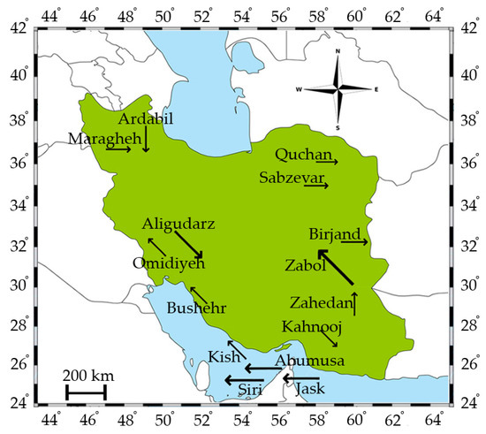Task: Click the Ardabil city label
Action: pyautogui.click(x=146, y=119)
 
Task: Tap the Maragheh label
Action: pyautogui.click(x=93, y=137)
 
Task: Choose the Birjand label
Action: pyautogui.click(x=335, y=234)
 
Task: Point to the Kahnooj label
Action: pyautogui.click(x=311, y=327)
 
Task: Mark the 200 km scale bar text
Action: pyautogui.click(x=86, y=374)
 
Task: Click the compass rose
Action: pyautogui.click(x=337, y=88)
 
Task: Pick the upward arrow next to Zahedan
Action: pyautogui.click(x=354, y=303)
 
